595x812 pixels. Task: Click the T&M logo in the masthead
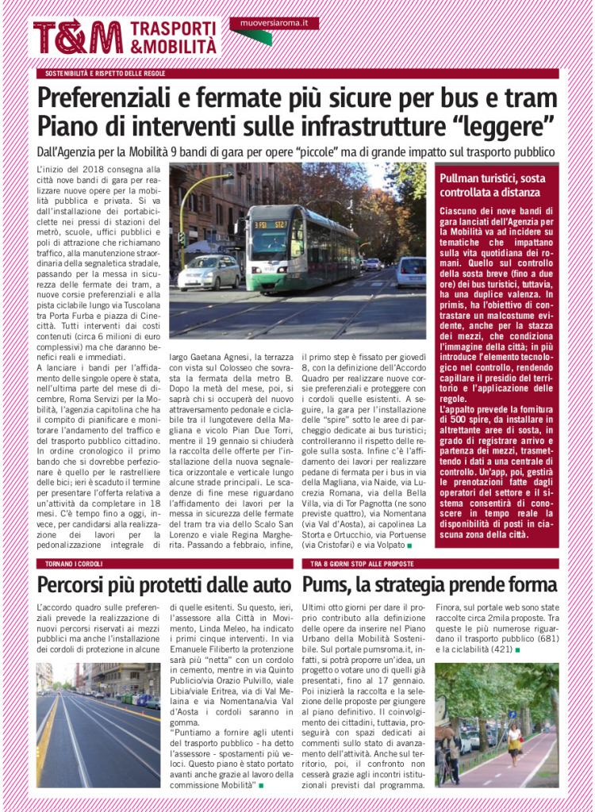pos(77,37)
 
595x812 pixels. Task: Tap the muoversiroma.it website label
pos(274,24)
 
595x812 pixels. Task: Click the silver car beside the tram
pos(209,273)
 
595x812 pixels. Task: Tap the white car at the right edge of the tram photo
pos(412,271)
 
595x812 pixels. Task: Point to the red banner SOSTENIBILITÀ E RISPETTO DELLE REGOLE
pos(105,74)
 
